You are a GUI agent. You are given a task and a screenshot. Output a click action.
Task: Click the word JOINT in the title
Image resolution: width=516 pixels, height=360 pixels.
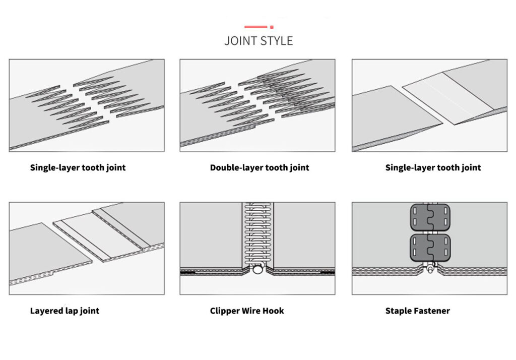tap(241, 41)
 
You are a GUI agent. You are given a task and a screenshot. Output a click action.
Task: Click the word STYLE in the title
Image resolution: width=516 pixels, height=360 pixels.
tap(276, 41)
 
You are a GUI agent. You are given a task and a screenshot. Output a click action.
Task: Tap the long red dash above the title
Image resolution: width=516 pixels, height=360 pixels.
tap(255, 27)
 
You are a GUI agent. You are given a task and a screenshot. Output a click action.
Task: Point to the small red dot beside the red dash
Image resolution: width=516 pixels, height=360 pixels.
tap(272, 27)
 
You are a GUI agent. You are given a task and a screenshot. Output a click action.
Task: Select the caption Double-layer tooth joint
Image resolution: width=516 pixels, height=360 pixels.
tap(260, 167)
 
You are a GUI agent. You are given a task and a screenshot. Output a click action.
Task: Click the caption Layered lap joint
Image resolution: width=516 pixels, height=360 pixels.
tap(64, 311)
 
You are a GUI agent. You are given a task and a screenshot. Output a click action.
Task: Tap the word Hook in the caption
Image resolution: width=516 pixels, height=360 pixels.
tap(274, 311)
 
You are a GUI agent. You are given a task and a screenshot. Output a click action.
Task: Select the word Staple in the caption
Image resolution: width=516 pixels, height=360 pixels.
tap(399, 311)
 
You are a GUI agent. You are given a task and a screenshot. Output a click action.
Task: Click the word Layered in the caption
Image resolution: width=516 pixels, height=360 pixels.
tap(47, 311)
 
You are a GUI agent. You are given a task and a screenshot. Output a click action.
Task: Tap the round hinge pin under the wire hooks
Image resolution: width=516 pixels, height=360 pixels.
tap(257, 270)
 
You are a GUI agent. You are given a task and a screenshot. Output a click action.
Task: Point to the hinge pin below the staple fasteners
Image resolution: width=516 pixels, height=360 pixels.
tap(430, 269)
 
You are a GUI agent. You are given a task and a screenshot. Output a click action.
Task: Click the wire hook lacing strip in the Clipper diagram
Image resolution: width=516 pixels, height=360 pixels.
tap(257, 232)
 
